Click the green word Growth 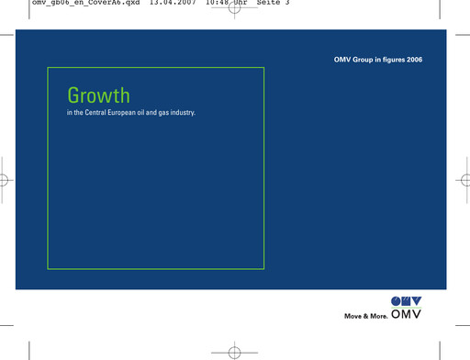pos(97,95)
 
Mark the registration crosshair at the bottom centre pos(235,350)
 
